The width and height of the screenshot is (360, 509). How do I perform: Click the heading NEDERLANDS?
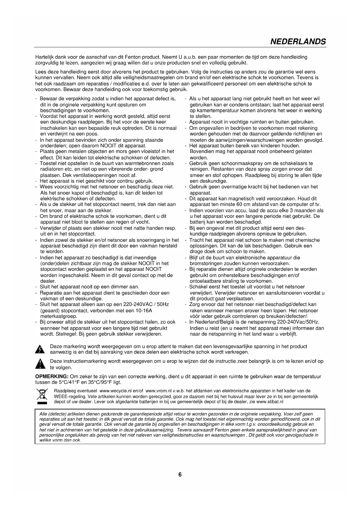coord(298,41)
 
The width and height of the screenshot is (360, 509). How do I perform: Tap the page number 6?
coord(180,474)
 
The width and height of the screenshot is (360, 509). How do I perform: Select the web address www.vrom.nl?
coord(158,391)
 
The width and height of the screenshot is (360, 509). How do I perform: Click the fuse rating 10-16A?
coord(142,311)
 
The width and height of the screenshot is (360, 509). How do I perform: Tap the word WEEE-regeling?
coord(70,396)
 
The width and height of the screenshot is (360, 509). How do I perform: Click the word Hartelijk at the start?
coord(45,57)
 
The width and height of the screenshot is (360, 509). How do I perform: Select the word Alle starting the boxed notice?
coord(43,414)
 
